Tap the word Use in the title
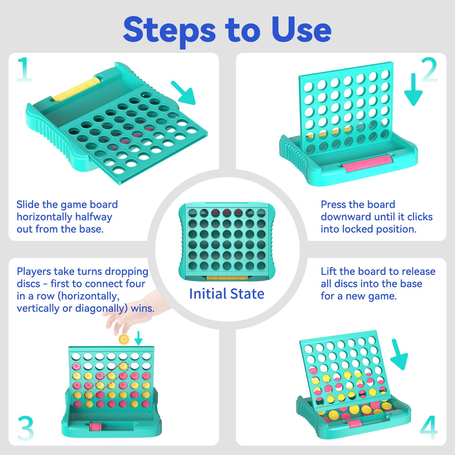[x=301, y=29]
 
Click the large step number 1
[x=24, y=70]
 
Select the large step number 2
[x=429, y=70]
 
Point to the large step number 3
[x=26, y=428]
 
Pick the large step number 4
[x=429, y=428]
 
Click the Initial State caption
[x=227, y=294]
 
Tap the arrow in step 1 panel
[x=183, y=93]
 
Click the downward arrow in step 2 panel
[x=413, y=90]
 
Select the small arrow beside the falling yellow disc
[x=138, y=338]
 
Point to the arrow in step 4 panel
[x=399, y=354]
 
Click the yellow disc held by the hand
[x=124, y=339]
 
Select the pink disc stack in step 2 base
[x=367, y=163]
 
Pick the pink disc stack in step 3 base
[x=95, y=427]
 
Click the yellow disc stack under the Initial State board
[x=227, y=278]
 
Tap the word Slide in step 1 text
[x=28, y=204]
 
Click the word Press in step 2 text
[x=334, y=204]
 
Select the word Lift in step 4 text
[x=329, y=271]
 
